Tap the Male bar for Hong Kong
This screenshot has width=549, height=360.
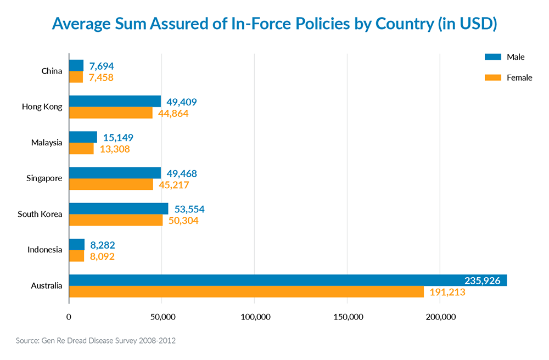pos(115,102)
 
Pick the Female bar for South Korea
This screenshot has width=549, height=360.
pos(116,220)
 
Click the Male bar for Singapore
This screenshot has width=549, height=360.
pos(115,173)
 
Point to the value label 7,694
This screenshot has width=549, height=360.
pos(102,66)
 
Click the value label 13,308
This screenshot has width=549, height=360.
pos(114,149)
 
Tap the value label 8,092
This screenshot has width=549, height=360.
pos(102,256)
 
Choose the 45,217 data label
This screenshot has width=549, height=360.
pos(174,185)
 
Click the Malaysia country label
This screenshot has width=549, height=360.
pos(47,143)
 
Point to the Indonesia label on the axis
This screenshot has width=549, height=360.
pos(45,250)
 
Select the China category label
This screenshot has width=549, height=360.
pos(52,71)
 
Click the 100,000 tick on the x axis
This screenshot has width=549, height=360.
pos(255,317)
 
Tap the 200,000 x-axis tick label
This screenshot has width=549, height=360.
pos(441,317)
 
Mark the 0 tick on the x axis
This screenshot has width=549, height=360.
pos(69,317)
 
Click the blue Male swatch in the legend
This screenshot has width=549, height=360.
pos(493,57)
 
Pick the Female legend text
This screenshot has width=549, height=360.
pos(519,78)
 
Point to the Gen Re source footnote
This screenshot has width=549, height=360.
pos(96,341)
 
